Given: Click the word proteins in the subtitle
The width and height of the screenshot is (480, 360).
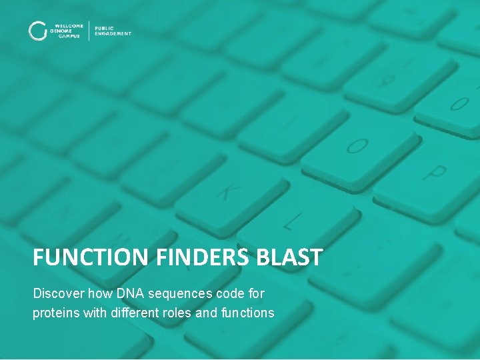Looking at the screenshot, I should (55, 312).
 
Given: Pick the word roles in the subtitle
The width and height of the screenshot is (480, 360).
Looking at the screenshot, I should (176, 312).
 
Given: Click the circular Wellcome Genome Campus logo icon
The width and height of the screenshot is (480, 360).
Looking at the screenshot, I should (37, 31).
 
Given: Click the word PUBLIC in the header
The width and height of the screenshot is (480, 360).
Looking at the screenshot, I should (105, 28).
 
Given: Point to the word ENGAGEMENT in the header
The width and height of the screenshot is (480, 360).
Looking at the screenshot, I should (113, 33).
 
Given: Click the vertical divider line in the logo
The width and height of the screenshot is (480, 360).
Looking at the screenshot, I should (89, 31).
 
